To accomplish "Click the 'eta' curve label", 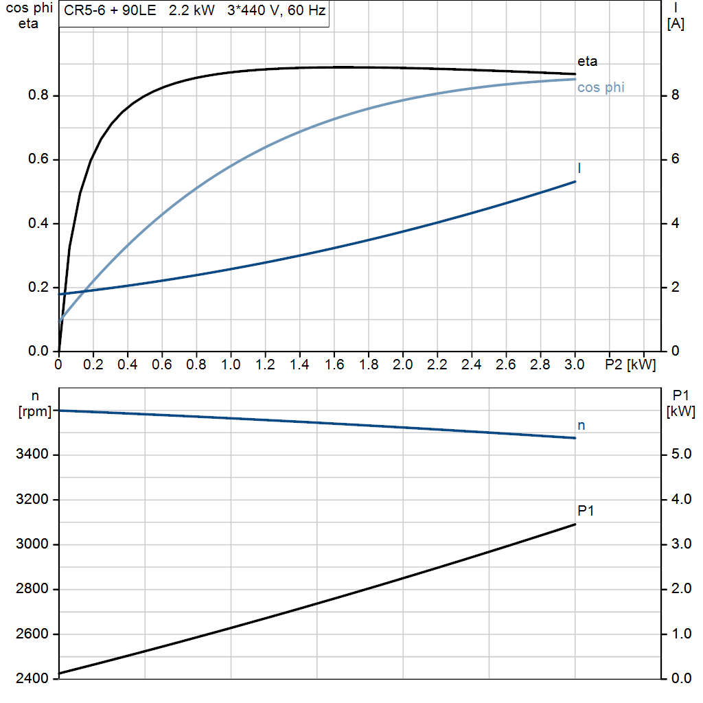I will [x=587, y=62].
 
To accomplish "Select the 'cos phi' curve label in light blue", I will [x=601, y=88].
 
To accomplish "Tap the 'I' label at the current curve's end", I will [x=580, y=168].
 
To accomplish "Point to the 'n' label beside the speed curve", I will [x=581, y=426].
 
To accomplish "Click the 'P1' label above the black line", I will [x=586, y=511].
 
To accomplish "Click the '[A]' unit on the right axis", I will [x=676, y=24].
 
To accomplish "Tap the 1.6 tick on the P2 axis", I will [x=334, y=365].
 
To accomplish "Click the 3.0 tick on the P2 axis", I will [x=575, y=365].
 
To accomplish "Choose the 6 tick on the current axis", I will [x=676, y=159].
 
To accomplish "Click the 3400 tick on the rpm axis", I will [x=32, y=454].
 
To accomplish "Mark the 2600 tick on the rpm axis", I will [x=32, y=634].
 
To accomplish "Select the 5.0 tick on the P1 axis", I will [x=680, y=454].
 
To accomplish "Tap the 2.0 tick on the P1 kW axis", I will [x=680, y=590].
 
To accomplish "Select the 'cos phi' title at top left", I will [x=28, y=10].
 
